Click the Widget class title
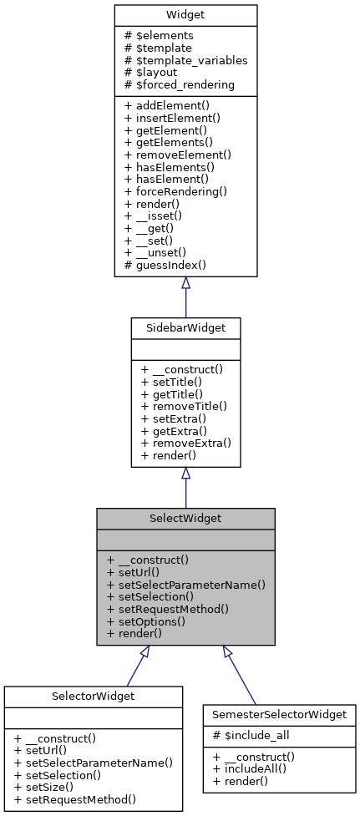tap(185, 17)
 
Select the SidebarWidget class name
tap(185, 328)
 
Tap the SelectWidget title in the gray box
tap(185, 519)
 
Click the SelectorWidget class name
tap(93, 697)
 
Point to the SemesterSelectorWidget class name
tap(280, 715)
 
